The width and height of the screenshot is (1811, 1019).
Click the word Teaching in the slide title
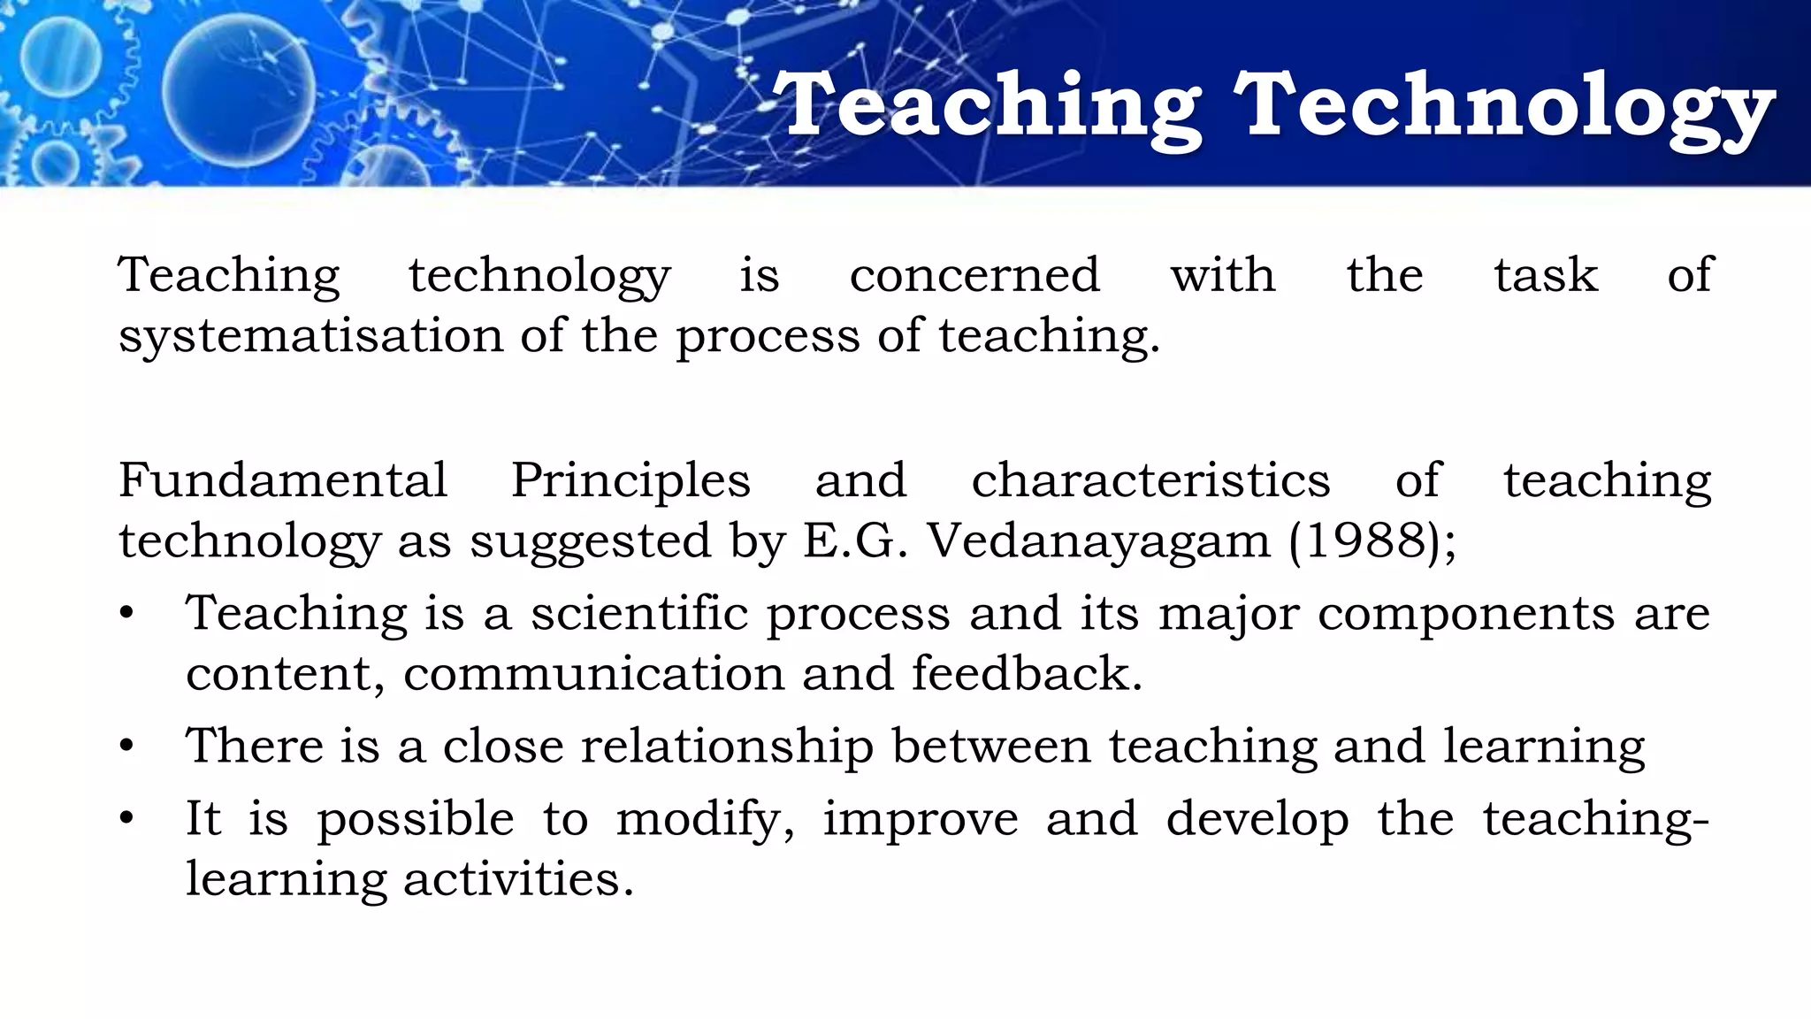[x=987, y=108]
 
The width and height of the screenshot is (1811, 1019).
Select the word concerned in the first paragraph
[x=974, y=275]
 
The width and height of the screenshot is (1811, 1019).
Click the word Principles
[x=630, y=483]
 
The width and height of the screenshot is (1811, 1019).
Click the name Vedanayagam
[x=1098, y=542]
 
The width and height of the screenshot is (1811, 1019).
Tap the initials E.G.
[x=855, y=540]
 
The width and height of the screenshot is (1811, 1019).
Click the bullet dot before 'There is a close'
[x=127, y=747]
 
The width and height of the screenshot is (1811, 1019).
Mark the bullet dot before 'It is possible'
[x=127, y=819]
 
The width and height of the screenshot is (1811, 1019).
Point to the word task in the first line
[x=1546, y=275]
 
